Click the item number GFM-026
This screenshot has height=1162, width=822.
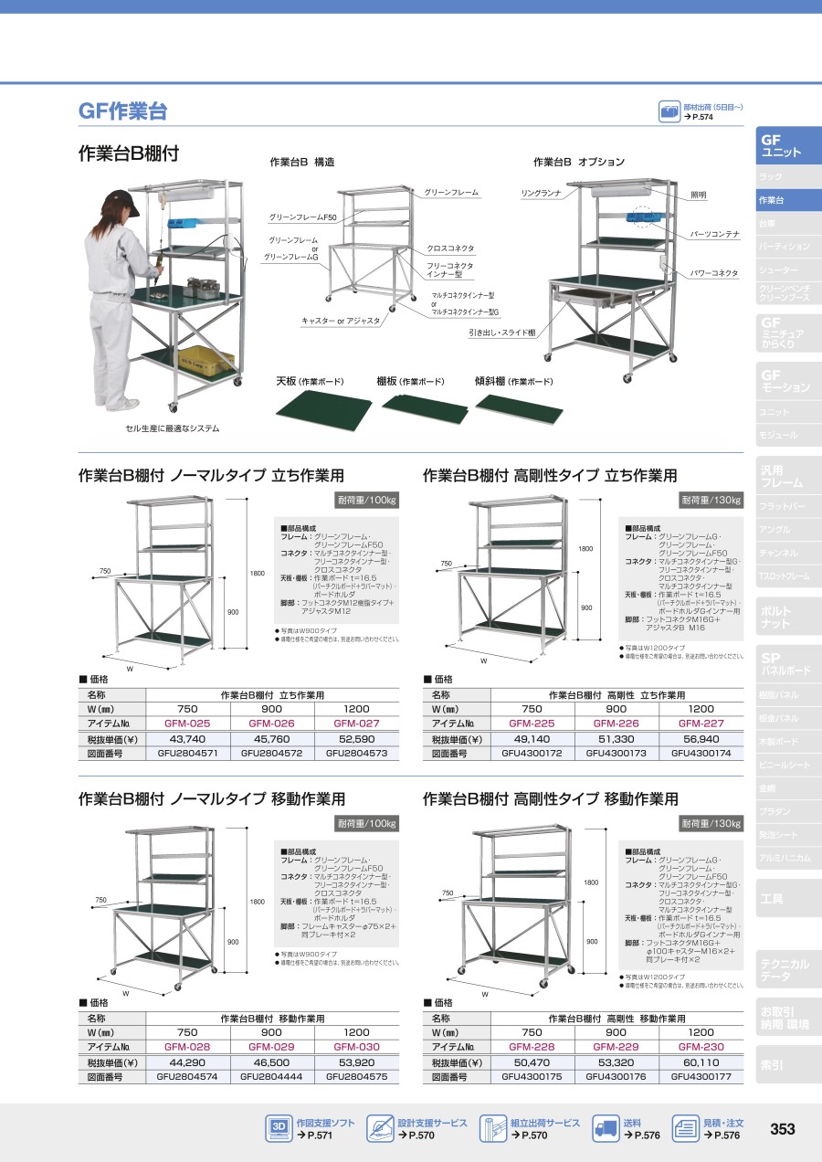tap(272, 724)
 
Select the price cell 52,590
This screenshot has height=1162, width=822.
tap(356, 739)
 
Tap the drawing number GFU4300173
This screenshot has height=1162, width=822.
tap(616, 754)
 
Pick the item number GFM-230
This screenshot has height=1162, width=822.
tap(701, 1047)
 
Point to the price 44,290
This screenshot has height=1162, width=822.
tap(187, 1062)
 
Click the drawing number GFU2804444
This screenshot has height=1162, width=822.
tap(272, 1077)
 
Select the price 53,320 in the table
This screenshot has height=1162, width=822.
tap(616, 1062)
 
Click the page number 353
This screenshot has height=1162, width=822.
tap(782, 1129)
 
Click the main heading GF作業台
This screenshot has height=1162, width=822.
tap(122, 111)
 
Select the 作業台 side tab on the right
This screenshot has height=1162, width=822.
tap(772, 200)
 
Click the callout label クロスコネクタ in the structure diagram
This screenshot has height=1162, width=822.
tap(450, 248)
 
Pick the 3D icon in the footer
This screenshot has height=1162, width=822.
tap(279, 1129)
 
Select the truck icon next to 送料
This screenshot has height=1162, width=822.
tap(606, 1129)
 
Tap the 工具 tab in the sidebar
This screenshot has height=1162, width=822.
tap(772, 899)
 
